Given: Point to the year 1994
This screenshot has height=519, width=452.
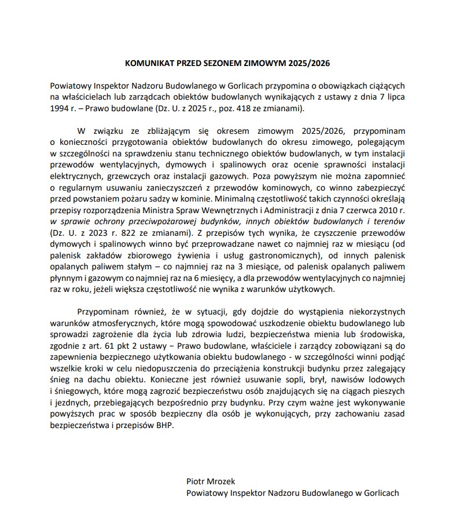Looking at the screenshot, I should click(x=61, y=108).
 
